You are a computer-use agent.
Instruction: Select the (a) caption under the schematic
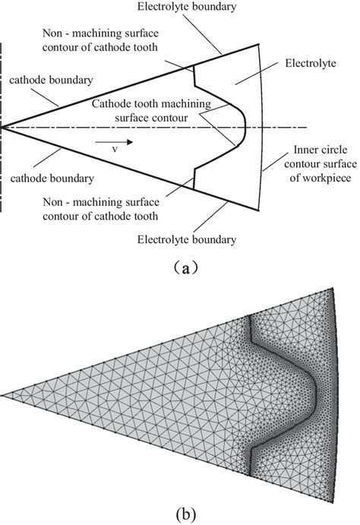click(x=180, y=267)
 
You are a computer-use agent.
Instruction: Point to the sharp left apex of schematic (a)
click(x=2, y=127)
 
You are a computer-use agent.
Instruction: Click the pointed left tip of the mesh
click(x=3, y=395)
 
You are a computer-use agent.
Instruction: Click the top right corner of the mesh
click(x=333, y=289)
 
